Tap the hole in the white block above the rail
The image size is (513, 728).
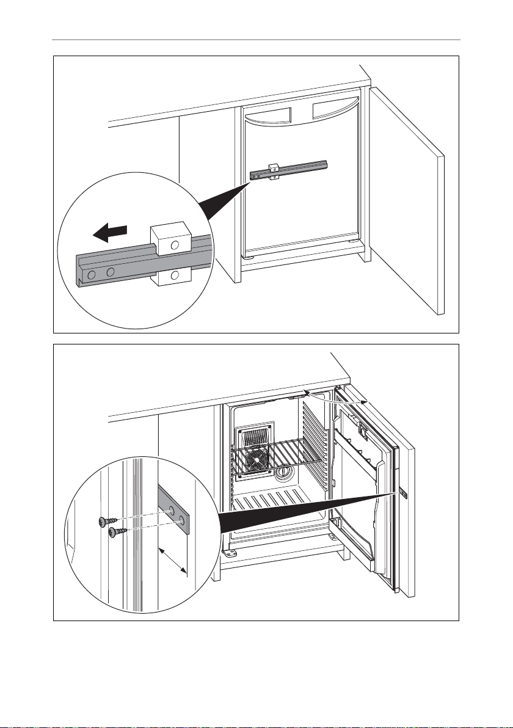[x=175, y=245]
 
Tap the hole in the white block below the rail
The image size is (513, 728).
[x=175, y=275]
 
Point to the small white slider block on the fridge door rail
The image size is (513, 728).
[x=272, y=171]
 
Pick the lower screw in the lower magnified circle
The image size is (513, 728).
[x=114, y=533]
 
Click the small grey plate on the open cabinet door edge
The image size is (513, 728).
[x=405, y=493]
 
